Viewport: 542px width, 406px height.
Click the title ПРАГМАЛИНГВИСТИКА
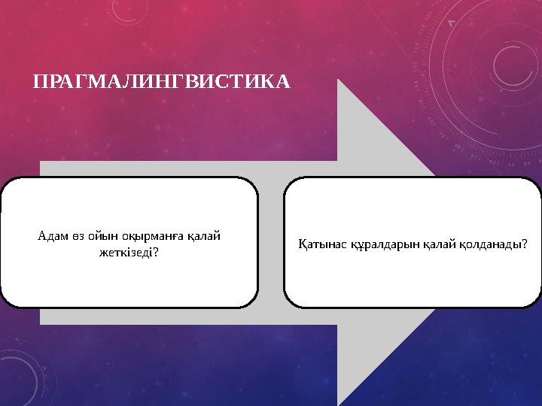coord(161,80)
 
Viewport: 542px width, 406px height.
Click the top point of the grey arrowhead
coord(339,80)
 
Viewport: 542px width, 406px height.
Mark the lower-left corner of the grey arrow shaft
coord(41,325)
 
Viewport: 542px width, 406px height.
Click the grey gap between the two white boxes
coord(271,243)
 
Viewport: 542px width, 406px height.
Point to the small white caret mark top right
coord(450,23)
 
